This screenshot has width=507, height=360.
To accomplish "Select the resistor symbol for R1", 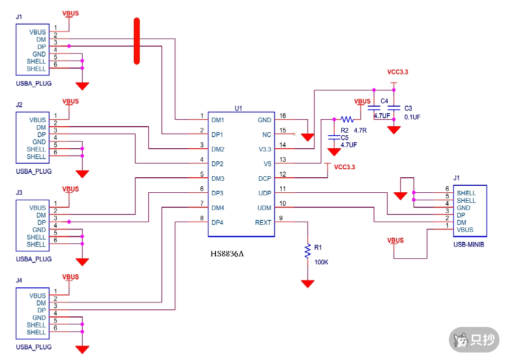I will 308,251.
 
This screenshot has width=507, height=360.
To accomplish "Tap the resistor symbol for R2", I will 347,120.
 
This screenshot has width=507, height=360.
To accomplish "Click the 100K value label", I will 321,262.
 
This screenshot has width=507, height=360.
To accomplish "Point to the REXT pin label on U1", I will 263,222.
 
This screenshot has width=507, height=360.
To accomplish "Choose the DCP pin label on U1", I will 265,179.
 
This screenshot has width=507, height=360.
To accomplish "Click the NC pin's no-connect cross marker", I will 294,134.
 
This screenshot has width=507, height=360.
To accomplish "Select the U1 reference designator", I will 238,108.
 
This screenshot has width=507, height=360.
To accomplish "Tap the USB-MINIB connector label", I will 468,245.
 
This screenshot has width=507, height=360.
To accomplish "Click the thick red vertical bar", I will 137,41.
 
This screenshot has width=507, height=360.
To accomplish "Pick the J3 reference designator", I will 20,193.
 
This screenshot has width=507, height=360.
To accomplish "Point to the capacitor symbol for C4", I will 373,108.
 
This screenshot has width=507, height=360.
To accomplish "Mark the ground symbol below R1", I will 308,283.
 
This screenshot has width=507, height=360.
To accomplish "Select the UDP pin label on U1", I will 264,193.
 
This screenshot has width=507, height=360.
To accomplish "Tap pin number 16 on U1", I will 283,116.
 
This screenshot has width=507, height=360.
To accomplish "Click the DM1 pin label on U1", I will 217,120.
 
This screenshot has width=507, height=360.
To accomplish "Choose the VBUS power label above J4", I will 70,277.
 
